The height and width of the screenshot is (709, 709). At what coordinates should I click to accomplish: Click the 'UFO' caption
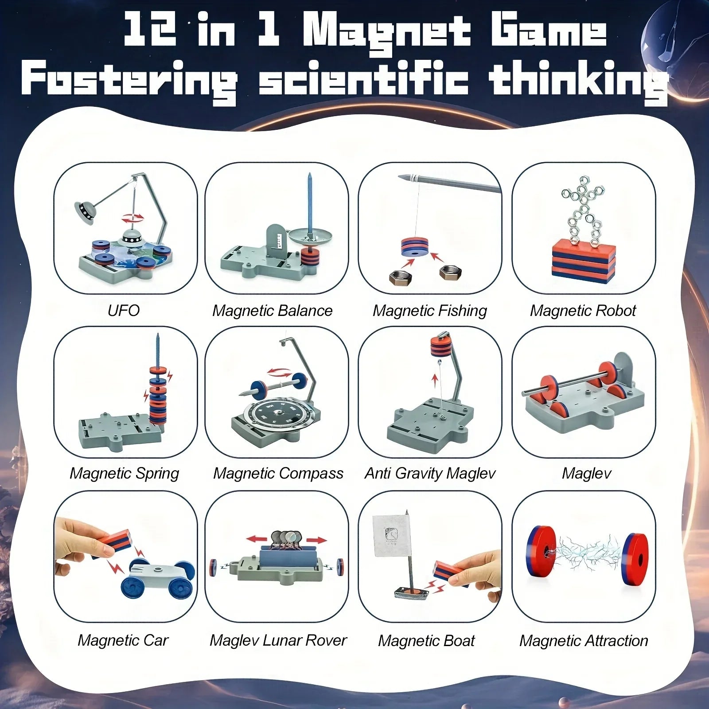124,310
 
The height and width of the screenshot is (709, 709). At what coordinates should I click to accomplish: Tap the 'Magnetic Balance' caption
272,311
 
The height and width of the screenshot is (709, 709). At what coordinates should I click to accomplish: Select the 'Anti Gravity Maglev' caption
430,473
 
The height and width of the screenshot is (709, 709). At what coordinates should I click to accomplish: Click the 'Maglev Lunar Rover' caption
278,640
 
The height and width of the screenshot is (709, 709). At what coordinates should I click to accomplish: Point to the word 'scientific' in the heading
363,80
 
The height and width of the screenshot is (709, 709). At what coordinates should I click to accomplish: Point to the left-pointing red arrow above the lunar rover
257,539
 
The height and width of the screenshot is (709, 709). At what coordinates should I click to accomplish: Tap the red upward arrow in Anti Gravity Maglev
435,379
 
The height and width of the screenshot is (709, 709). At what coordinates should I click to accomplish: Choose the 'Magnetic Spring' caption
124,473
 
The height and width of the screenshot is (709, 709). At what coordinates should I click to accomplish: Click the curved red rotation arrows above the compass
279,372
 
